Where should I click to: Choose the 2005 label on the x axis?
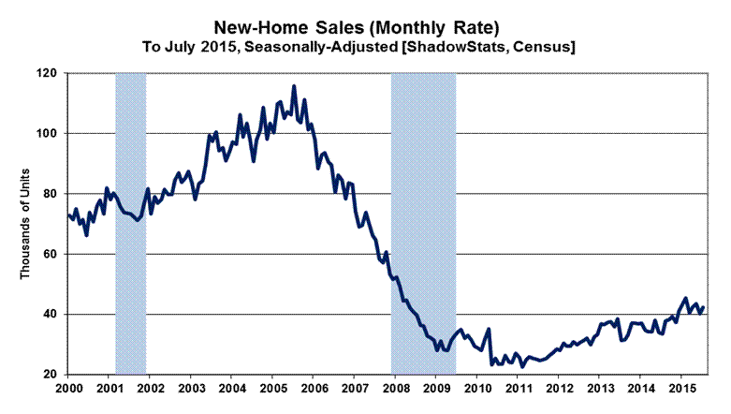272,389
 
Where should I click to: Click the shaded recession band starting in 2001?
131,224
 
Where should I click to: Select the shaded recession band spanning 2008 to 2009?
423,224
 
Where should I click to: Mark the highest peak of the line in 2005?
294,86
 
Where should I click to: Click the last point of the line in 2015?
703,306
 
